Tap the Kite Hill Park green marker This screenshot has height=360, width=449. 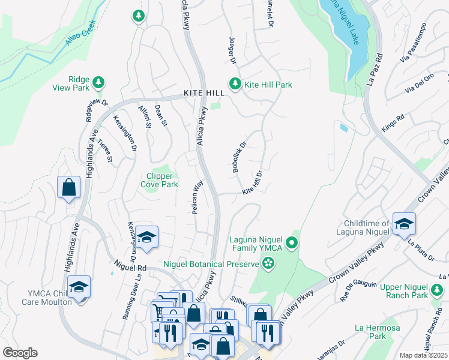tap(235, 84)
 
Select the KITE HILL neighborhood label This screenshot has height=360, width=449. tap(204, 94)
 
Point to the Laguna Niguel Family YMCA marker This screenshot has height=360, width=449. tap(292, 243)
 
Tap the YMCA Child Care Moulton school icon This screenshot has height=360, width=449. tap(79, 287)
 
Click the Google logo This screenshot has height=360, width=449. tap(20, 353)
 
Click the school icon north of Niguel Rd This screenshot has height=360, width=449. tap(146, 236)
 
